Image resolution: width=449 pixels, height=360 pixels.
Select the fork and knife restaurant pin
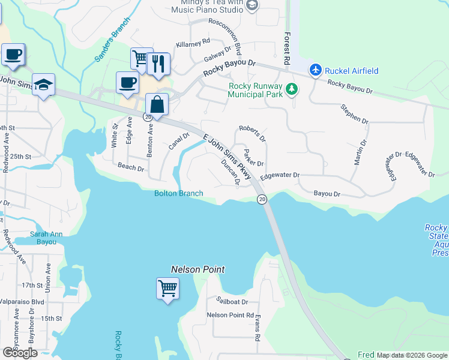(x=158, y=64)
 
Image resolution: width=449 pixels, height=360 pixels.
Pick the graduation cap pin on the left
(x=43, y=85)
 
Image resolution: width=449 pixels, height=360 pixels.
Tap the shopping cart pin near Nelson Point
(x=168, y=288)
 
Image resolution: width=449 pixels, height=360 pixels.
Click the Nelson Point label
(x=197, y=270)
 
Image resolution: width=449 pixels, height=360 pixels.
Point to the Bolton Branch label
(x=178, y=193)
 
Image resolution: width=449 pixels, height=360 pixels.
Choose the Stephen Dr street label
(x=354, y=114)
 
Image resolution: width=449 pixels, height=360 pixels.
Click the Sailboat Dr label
(x=232, y=301)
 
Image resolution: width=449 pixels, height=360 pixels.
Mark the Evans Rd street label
(x=257, y=328)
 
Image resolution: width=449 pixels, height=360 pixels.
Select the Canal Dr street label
(x=175, y=142)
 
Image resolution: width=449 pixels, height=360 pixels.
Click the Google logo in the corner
(x=20, y=353)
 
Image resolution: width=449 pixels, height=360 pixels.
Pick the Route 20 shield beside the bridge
(x=262, y=199)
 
